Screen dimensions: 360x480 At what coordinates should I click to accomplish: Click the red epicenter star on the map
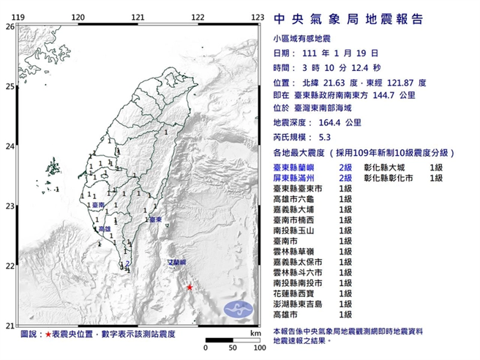pyautogui.click(x=190, y=288)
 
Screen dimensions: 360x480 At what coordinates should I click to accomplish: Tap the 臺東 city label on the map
pyautogui.click(x=154, y=218)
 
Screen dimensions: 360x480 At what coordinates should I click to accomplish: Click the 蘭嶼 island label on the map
pyautogui.click(x=178, y=261)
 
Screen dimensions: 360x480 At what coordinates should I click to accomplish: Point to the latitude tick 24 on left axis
pyautogui.click(x=10, y=146)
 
